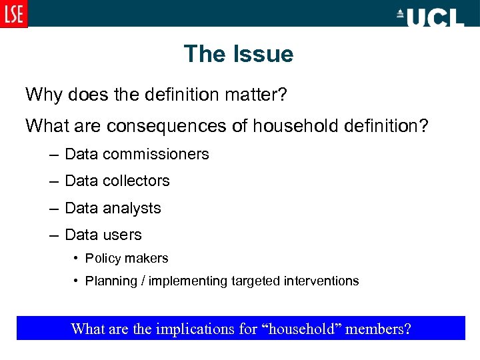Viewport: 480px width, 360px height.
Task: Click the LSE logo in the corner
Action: click(x=14, y=14)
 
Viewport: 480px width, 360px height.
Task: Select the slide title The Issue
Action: click(x=239, y=54)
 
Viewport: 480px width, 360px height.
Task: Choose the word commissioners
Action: click(x=156, y=154)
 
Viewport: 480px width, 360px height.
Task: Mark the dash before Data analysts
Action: click(x=53, y=208)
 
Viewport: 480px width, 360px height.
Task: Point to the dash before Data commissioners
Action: click(x=53, y=154)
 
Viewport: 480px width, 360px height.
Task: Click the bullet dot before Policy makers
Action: click(x=76, y=258)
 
